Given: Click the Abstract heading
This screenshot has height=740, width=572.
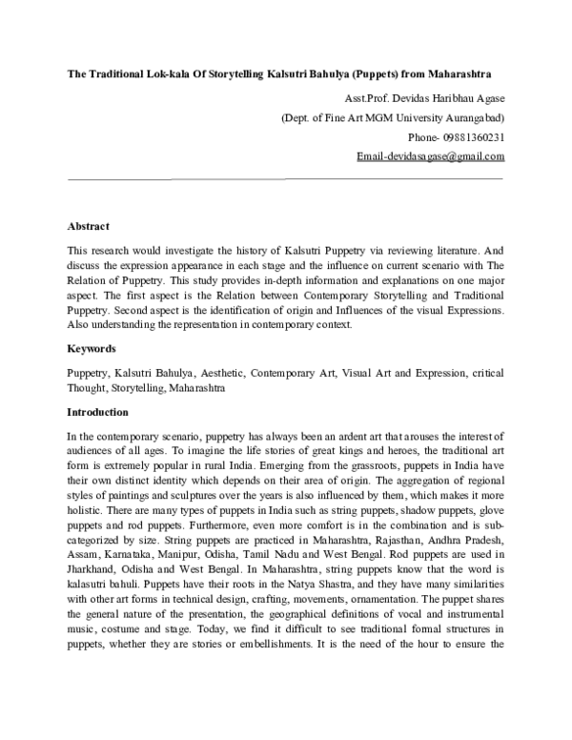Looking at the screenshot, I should pos(88,226).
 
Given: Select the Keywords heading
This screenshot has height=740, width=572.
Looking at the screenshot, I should pos(91,349).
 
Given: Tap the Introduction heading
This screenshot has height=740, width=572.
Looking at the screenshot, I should pos(97,413).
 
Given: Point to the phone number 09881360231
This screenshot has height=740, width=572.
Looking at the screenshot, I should pos(475,136).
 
